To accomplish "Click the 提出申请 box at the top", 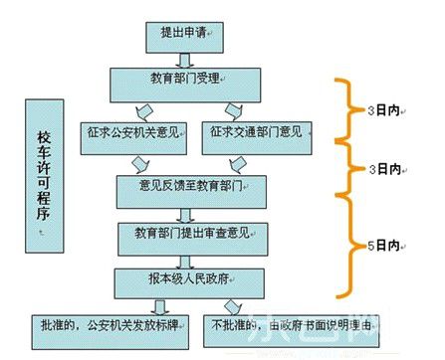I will click(x=183, y=34).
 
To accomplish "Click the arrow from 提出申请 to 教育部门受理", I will click(x=184, y=55).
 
